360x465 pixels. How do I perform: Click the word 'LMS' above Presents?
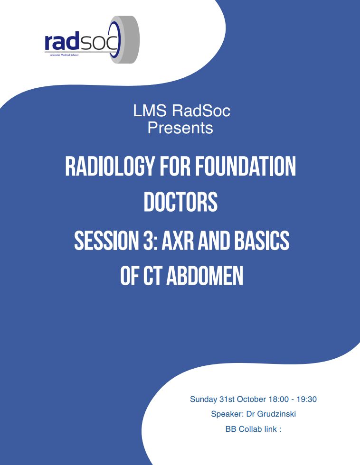(x=150, y=111)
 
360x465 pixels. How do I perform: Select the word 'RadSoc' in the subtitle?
(x=201, y=111)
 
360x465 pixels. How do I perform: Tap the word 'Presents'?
(x=180, y=128)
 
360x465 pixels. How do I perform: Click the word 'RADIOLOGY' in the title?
(x=110, y=167)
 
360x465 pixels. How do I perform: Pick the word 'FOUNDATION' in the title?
(x=246, y=167)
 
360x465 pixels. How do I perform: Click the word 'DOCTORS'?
(x=180, y=202)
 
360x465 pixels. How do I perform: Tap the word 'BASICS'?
(x=262, y=240)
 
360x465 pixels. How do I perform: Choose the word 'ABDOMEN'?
(x=205, y=276)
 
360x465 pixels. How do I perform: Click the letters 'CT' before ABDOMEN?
(x=152, y=276)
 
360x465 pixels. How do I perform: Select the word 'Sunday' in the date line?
(x=203, y=400)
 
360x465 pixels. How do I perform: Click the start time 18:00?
(x=278, y=399)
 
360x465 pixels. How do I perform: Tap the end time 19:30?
(x=307, y=399)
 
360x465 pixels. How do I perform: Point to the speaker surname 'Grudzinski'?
(x=276, y=414)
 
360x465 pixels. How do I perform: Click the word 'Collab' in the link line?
(x=250, y=429)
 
